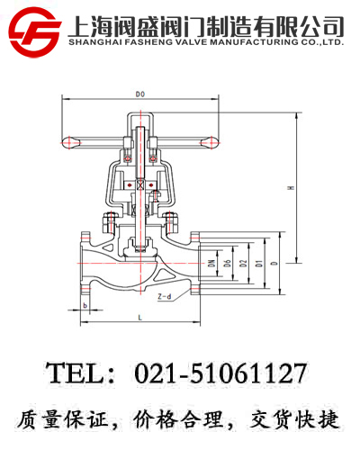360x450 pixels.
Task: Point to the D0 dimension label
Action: [x=139, y=94]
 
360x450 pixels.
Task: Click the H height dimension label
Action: [x=289, y=187]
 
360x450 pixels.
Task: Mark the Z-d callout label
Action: [x=165, y=295]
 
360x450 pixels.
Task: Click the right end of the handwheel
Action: [x=211, y=139]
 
